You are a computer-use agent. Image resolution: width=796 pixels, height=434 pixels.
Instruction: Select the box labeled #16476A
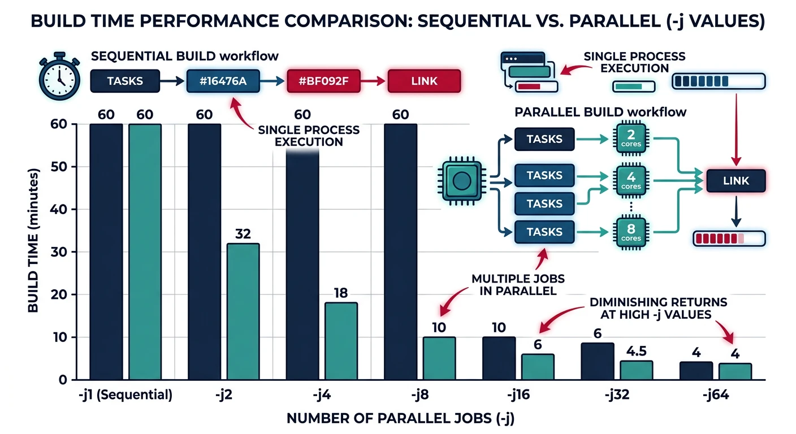click(x=223, y=81)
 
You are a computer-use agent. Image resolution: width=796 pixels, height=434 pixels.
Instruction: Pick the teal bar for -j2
click(x=243, y=311)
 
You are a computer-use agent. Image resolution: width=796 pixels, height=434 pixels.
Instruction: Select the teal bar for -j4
click(x=341, y=341)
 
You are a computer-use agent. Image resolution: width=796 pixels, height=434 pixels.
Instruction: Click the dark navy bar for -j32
click(x=598, y=361)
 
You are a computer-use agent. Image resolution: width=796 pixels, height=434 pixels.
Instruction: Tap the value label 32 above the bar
click(x=243, y=233)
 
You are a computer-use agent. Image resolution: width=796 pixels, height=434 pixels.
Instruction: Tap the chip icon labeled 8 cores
click(x=631, y=232)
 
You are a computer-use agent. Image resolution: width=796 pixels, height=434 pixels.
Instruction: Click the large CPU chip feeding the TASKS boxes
click(x=462, y=181)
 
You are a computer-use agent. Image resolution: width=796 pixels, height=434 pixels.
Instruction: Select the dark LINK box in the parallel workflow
click(x=736, y=181)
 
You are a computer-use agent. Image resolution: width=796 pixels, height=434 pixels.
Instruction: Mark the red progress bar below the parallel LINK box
click(x=729, y=238)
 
